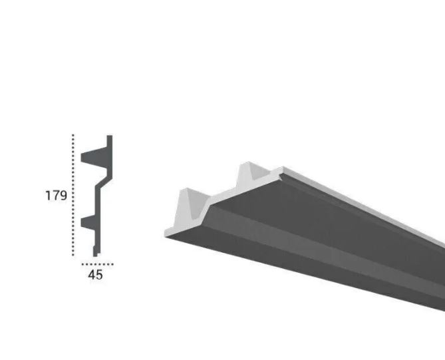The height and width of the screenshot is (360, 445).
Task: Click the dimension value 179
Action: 56,196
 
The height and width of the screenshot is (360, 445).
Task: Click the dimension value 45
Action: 95,274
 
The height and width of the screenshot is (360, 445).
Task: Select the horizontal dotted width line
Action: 102,264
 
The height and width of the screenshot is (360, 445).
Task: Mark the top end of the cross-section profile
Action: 110,138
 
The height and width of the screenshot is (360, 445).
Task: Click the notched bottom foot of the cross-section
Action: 96,252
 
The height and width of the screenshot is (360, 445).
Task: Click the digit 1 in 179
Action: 48,196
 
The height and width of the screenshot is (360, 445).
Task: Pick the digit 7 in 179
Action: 55,196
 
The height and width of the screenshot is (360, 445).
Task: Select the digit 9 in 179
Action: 63,196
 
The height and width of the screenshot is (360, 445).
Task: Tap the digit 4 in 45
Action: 91,274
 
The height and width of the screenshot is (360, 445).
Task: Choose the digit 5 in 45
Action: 99,274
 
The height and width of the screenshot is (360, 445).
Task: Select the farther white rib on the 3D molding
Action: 253,174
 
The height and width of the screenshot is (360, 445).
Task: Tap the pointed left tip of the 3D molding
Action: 166,233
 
